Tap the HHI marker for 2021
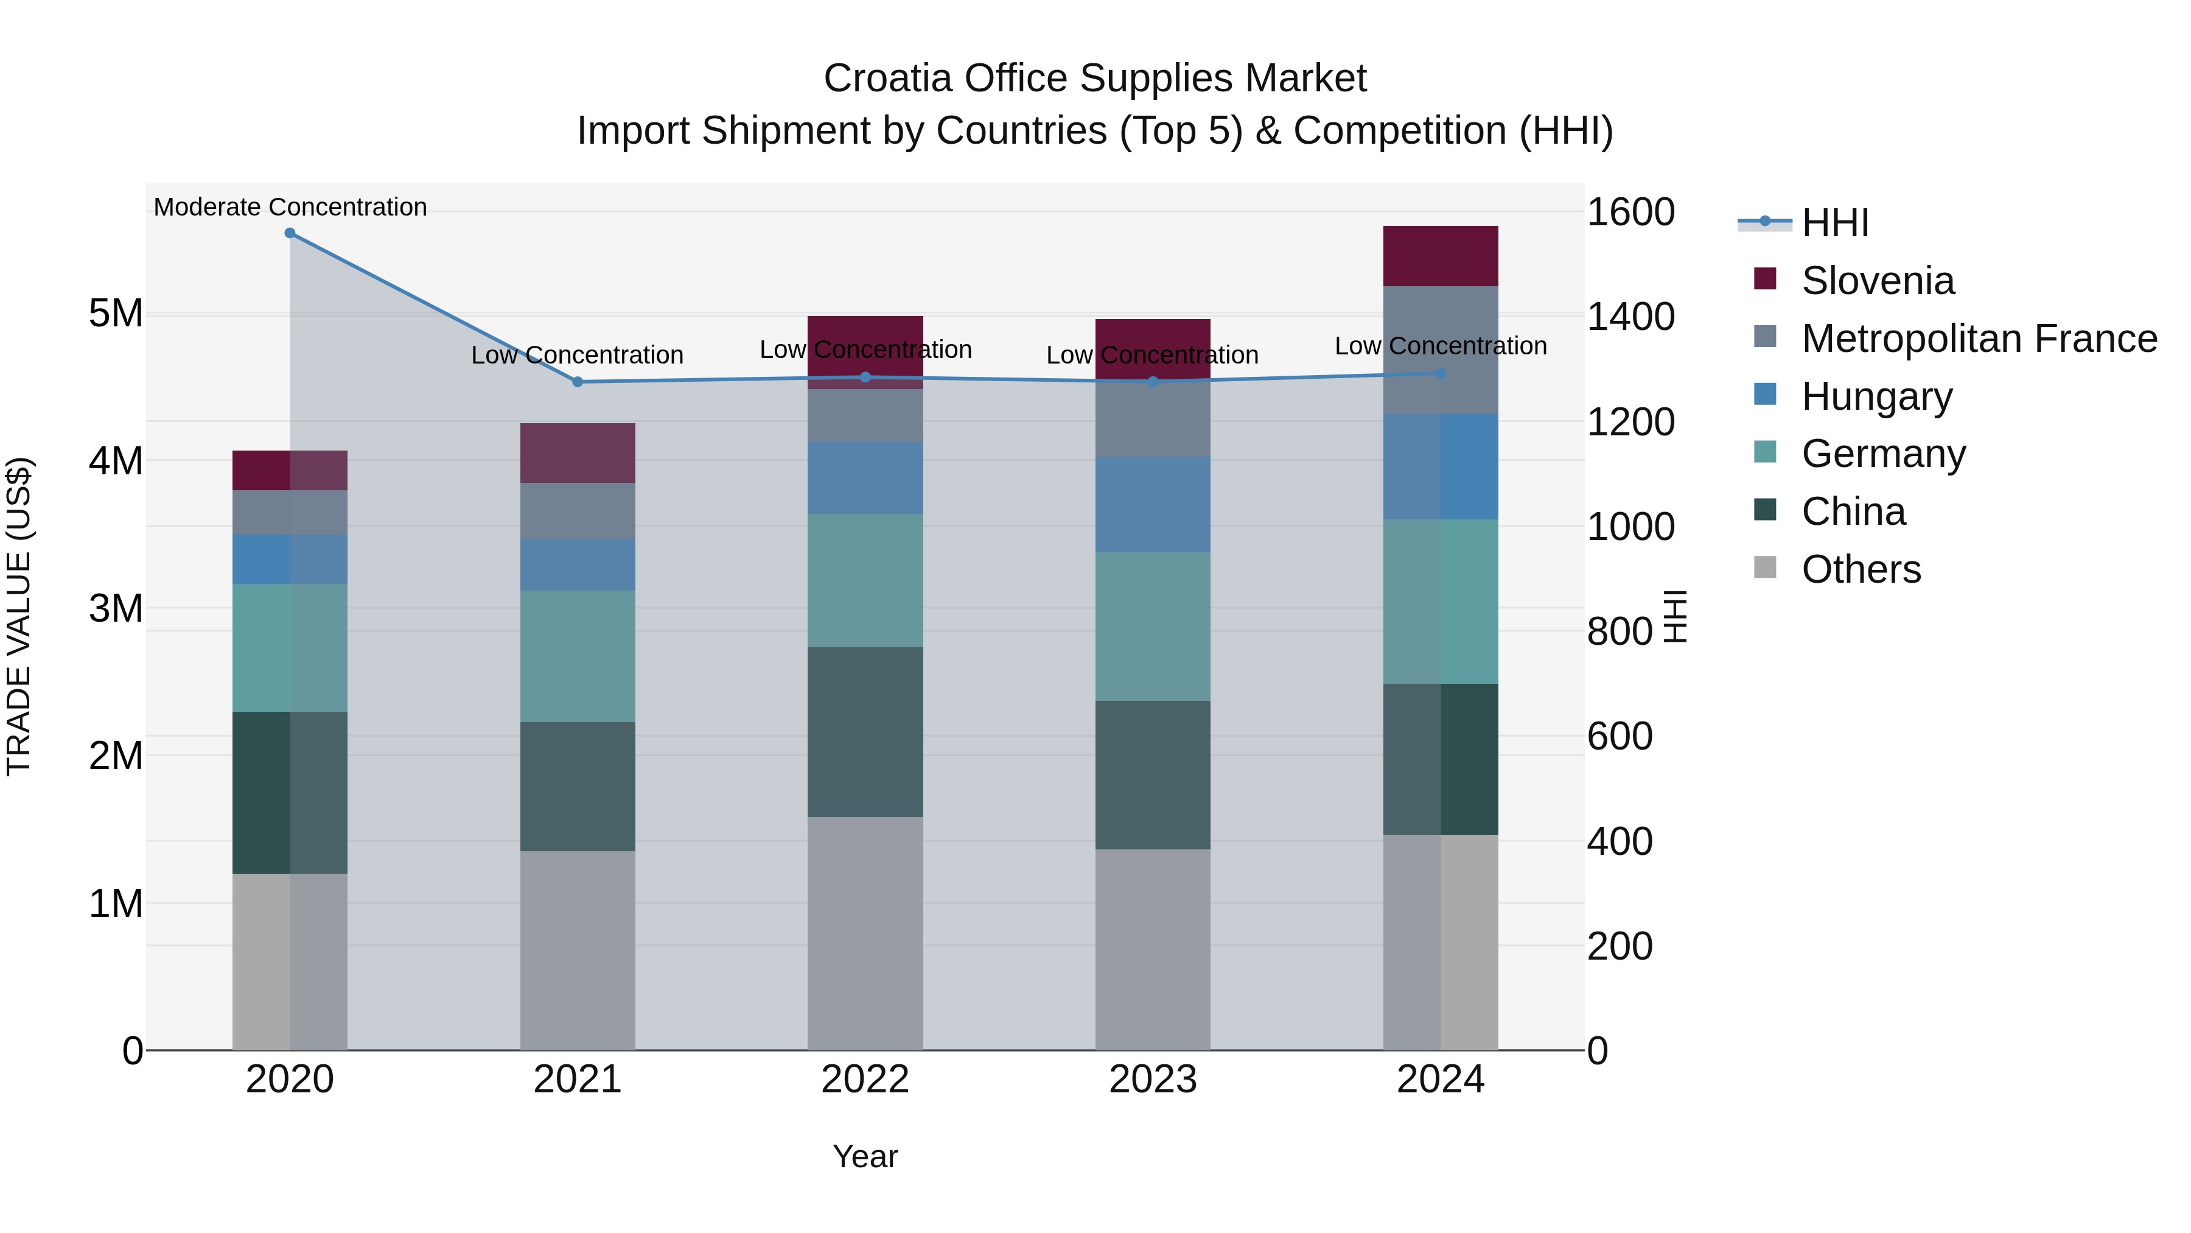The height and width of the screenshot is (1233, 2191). pyautogui.click(x=578, y=382)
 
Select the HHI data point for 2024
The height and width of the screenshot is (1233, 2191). pyautogui.click(x=1441, y=374)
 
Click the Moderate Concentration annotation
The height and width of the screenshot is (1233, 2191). pyautogui.click(x=290, y=207)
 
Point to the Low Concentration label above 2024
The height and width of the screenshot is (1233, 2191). pyautogui.click(x=1440, y=346)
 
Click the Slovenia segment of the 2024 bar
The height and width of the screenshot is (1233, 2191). pyautogui.click(x=1440, y=256)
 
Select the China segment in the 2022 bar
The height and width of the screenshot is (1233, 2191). pyautogui.click(x=865, y=732)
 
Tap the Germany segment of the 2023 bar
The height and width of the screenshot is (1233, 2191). pyautogui.click(x=1153, y=627)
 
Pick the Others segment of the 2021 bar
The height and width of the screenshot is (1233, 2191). pyautogui.click(x=578, y=950)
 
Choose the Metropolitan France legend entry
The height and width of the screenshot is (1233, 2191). pyautogui.click(x=1979, y=339)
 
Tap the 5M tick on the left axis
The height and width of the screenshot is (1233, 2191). pyautogui.click(x=116, y=314)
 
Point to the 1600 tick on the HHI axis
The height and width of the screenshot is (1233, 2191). pyautogui.click(x=1630, y=212)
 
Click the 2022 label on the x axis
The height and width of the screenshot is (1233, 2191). pyautogui.click(x=865, y=1080)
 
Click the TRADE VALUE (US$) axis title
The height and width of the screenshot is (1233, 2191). pyautogui.click(x=19, y=616)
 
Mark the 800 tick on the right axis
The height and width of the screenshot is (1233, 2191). pyautogui.click(x=1620, y=631)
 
